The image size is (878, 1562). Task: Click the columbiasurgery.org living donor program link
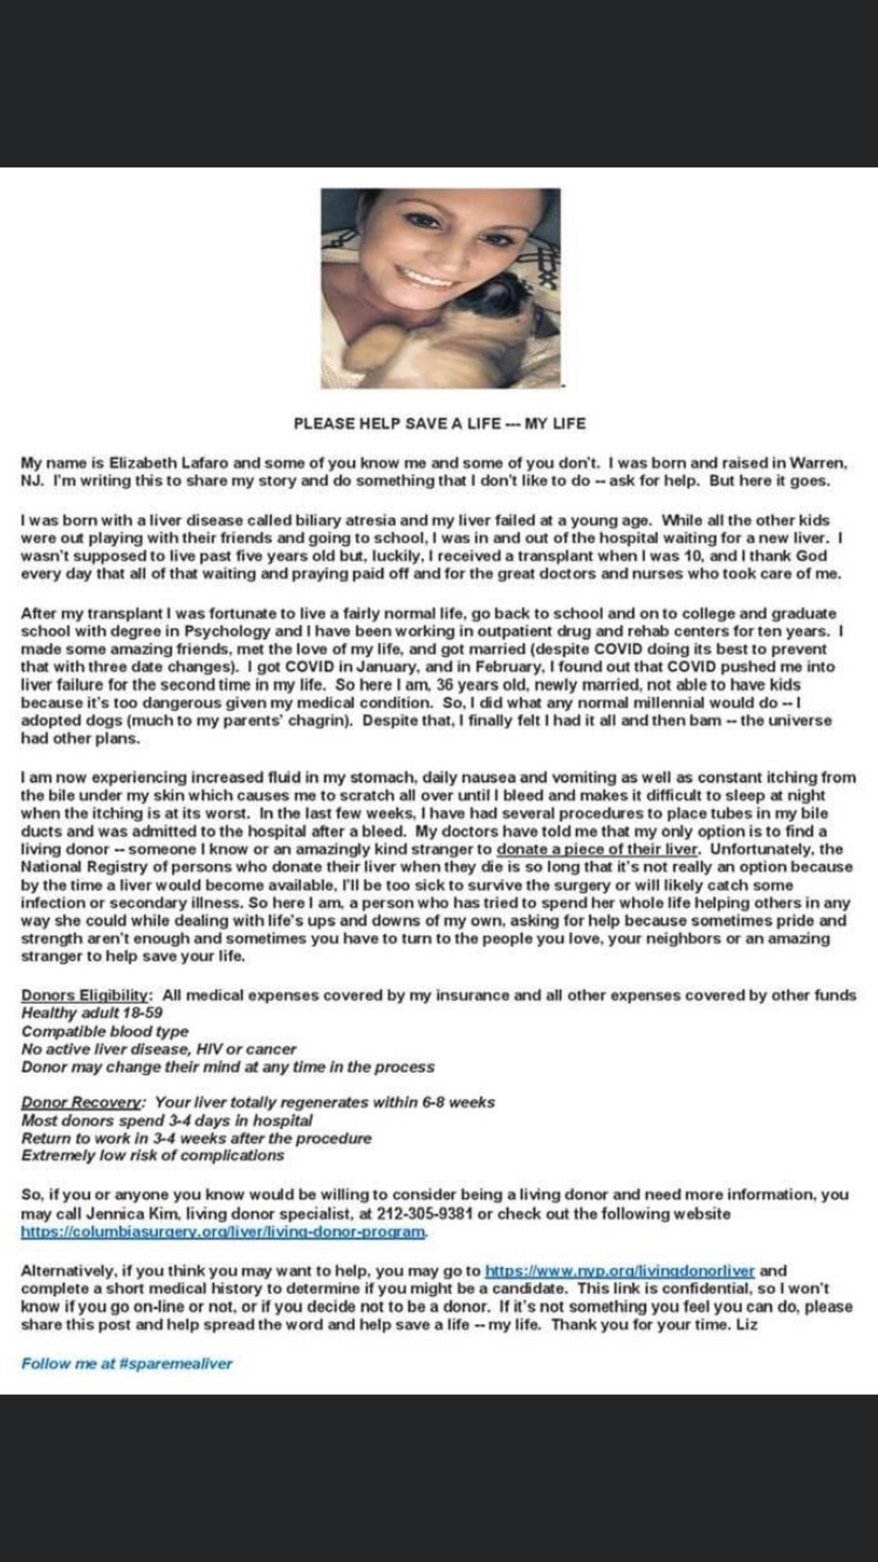point(223,1232)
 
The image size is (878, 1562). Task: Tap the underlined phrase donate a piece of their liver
point(597,849)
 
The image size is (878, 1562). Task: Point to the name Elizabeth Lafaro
point(169,463)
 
